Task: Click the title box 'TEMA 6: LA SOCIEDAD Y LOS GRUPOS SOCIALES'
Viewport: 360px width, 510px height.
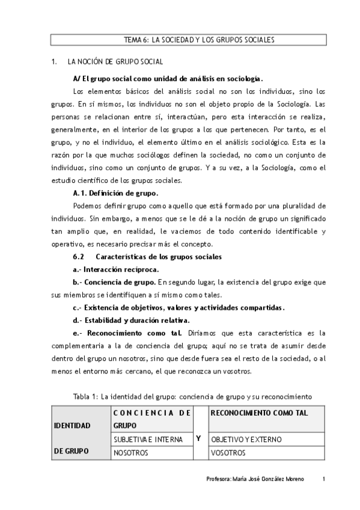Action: click(188, 40)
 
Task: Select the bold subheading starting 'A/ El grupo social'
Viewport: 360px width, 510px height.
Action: click(168, 79)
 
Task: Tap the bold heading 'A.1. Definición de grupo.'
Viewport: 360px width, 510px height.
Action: click(115, 193)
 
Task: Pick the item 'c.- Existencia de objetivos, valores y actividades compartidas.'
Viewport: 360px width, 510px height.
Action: click(178, 307)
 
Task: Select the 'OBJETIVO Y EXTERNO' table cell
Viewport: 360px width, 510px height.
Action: click(241, 440)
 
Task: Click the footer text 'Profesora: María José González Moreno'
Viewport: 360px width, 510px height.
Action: click(255, 479)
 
